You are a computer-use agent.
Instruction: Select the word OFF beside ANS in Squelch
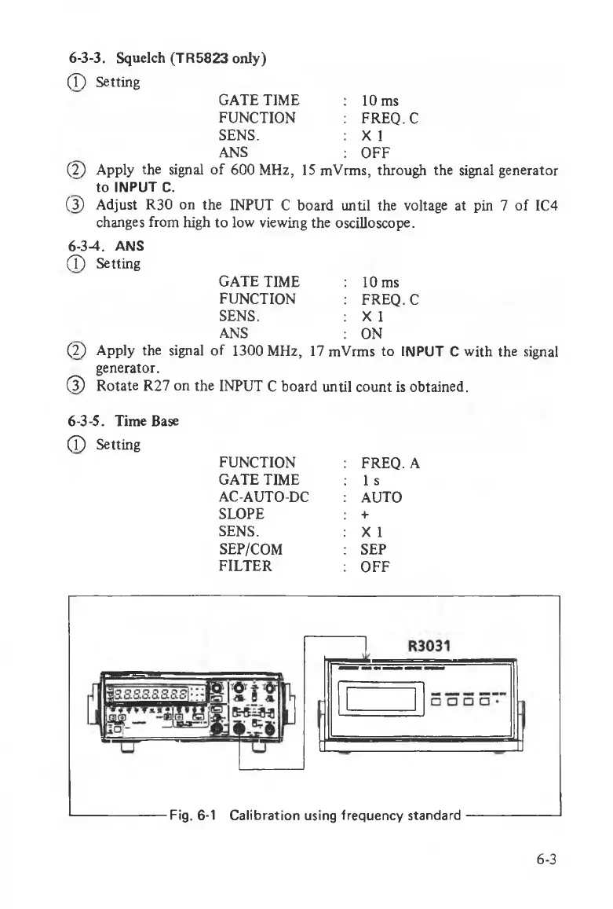pyautogui.click(x=375, y=152)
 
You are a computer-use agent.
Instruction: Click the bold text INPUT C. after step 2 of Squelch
pyautogui.click(x=128, y=188)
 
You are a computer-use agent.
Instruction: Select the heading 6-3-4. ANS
pyautogui.click(x=101, y=245)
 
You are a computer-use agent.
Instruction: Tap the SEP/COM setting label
pyautogui.click(x=251, y=548)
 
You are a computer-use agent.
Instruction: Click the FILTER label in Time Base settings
pyautogui.click(x=245, y=566)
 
